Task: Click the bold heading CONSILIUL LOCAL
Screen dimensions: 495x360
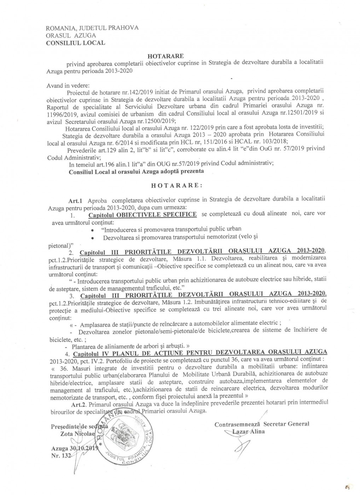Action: click(x=76, y=43)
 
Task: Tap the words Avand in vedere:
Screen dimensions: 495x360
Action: click(x=68, y=86)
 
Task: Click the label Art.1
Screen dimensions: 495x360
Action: click(x=76, y=200)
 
